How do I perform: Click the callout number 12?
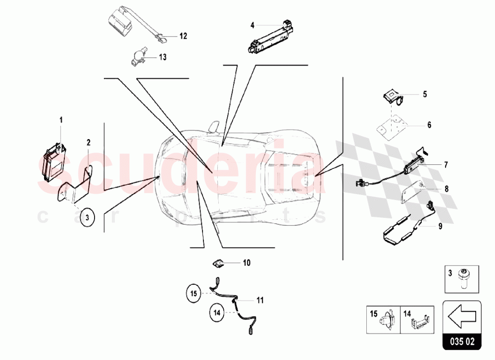(183, 36)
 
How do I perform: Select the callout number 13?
(162, 57)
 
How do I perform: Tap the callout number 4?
(252, 25)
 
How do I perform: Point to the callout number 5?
(425, 94)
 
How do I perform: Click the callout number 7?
(446, 165)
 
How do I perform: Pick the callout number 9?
(441, 226)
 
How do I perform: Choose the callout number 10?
(247, 263)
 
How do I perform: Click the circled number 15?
(194, 294)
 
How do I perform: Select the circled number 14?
(217, 312)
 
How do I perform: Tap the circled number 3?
(88, 217)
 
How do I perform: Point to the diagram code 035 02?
(462, 342)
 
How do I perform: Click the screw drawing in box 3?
(464, 277)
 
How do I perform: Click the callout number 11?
(260, 300)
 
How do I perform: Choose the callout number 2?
(89, 143)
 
